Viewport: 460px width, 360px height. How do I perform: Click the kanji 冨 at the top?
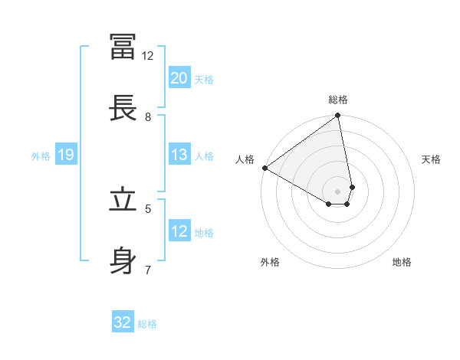(123, 46)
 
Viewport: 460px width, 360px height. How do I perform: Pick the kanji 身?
(123, 260)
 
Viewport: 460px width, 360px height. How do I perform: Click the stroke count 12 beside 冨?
(147, 56)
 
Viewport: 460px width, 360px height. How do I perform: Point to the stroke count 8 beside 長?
(148, 117)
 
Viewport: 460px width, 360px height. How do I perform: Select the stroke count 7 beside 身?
(148, 270)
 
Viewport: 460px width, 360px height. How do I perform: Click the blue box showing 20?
(179, 78)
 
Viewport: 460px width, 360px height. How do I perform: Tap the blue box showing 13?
(179, 155)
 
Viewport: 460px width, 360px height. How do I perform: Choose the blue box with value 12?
(179, 231)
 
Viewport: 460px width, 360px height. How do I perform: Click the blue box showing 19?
(65, 155)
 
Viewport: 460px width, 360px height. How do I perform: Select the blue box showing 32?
(123, 322)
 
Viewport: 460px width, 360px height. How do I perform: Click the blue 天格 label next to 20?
(204, 80)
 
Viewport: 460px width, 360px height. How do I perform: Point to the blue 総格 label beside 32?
(147, 324)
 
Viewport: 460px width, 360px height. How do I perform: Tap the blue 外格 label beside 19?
(41, 156)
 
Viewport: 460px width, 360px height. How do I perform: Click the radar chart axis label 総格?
(338, 100)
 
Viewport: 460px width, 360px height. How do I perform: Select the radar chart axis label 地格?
(402, 262)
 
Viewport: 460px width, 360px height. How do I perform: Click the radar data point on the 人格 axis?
(264, 168)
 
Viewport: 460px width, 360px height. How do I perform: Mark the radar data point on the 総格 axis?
(337, 116)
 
